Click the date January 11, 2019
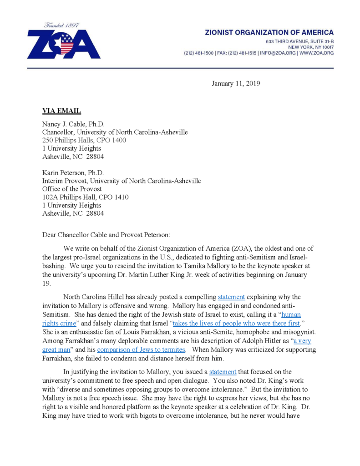[x=236, y=83]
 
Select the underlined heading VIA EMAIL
[x=61, y=111]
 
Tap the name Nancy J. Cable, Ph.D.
[x=73, y=124]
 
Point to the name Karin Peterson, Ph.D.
[x=73, y=173]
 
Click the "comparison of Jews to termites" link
[x=141, y=350]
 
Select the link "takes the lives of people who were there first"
[x=236, y=324]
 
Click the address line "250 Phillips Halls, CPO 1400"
[x=84, y=140]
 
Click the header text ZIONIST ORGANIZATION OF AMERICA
[x=269, y=33]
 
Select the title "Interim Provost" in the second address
[x=64, y=181]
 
